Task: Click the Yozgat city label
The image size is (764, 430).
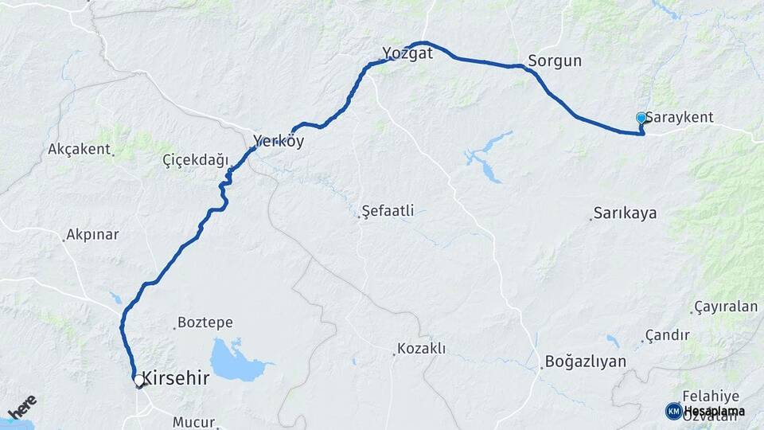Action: point(407,54)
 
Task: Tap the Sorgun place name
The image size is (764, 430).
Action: point(555,61)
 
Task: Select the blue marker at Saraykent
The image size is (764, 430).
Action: point(641,118)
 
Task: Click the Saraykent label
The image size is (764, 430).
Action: point(680,117)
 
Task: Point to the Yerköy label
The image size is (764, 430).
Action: point(279,142)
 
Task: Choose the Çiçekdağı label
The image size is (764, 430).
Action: point(195,159)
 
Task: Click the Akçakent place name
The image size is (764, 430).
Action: point(79,149)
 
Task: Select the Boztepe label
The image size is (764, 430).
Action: point(205,322)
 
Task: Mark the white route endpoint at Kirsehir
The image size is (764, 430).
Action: point(139,381)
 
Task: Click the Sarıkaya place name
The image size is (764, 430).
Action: point(625,213)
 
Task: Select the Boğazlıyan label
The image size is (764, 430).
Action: point(586,362)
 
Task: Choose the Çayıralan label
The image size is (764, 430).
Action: point(726,307)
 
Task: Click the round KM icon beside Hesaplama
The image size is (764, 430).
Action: point(673,411)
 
